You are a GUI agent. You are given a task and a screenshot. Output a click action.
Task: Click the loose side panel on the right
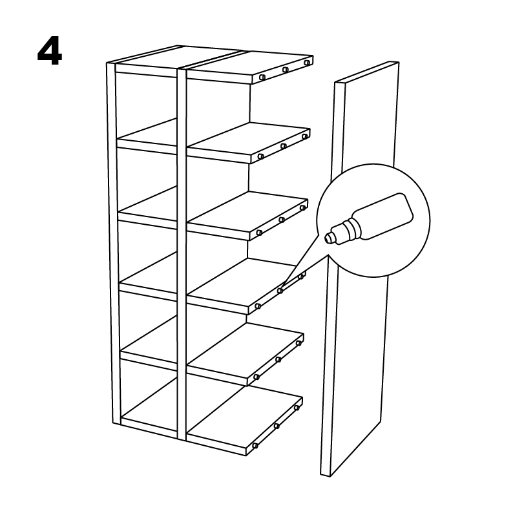[x=359, y=268]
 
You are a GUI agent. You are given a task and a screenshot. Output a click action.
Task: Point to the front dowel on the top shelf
[x=262, y=78]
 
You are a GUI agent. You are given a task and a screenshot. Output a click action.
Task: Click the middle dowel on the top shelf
[x=286, y=70]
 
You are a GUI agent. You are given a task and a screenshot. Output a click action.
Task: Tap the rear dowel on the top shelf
[x=306, y=63]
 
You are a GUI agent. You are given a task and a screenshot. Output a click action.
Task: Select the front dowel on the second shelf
[x=261, y=156]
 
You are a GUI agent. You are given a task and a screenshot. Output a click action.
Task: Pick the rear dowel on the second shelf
[x=305, y=136]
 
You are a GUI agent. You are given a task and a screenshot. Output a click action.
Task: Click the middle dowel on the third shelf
[x=282, y=220]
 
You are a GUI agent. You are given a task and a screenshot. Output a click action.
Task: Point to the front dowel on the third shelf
[x=259, y=233]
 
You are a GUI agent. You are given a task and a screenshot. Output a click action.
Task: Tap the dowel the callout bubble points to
[x=280, y=290]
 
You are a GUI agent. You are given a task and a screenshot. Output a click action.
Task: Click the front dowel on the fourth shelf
[x=258, y=306]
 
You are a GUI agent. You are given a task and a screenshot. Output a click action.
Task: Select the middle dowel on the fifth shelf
[x=278, y=360]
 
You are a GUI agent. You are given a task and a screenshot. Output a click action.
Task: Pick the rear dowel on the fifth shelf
[x=298, y=343]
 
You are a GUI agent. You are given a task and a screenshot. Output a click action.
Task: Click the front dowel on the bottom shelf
[x=255, y=446]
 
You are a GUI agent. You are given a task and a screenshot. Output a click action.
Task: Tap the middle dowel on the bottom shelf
[x=277, y=426]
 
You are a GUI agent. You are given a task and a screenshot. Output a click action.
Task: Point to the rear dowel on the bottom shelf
[x=297, y=408]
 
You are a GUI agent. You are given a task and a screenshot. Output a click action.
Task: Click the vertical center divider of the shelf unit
[x=182, y=252]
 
